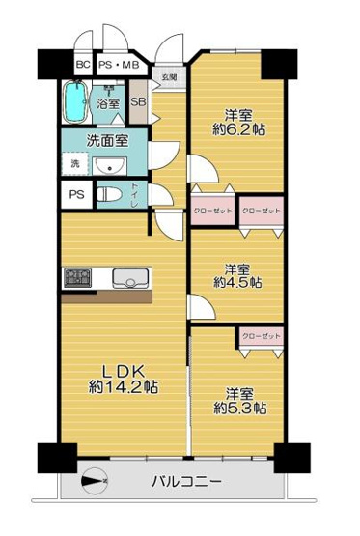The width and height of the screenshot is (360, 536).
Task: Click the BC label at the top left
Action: coord(83,65)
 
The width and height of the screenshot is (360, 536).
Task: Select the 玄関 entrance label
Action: coord(170,76)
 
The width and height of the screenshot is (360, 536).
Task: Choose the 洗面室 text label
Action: coord(108,140)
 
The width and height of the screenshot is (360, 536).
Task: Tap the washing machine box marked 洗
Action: coord(75,164)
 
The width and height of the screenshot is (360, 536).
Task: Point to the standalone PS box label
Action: coord(75,195)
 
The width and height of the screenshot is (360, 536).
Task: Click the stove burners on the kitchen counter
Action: coord(77,279)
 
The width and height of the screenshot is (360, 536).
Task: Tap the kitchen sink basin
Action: coord(128,279)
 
